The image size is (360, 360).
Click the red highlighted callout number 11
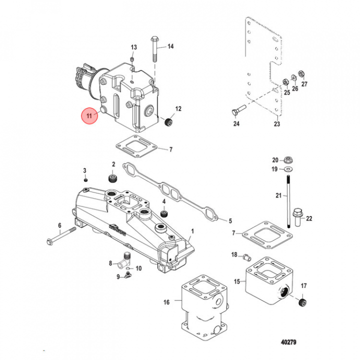pos(89,115)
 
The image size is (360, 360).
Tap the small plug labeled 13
pos(132,59)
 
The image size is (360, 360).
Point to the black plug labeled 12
pos(169,121)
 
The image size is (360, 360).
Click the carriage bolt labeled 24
pos(239,109)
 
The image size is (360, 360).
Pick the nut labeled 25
pos(285,81)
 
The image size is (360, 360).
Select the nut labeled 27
pos(301,74)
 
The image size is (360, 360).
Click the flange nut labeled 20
pos(288,159)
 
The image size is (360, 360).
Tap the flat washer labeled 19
pos(288,169)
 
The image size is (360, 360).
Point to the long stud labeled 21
pos(288,201)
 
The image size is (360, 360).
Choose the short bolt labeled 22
pos(297,217)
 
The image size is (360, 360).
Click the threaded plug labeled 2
pos(112,178)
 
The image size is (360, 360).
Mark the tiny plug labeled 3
pos(85,180)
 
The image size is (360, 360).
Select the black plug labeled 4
pos(164,213)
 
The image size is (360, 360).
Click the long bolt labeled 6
pos(61,235)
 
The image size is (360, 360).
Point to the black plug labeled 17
pos(303,302)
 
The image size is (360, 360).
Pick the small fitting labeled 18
pos(247,256)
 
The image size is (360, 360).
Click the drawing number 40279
pos(288,342)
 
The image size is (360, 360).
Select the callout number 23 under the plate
pos(277,124)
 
